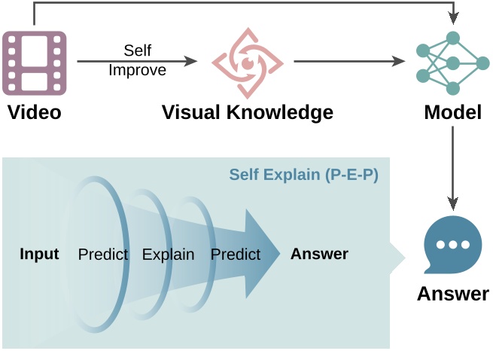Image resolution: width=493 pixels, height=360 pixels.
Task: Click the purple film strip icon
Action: (35, 63)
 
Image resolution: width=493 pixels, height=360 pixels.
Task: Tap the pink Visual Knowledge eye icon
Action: (247, 63)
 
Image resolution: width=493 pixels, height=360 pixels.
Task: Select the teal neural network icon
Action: (452, 63)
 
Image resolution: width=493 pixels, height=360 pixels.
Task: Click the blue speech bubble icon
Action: (452, 246)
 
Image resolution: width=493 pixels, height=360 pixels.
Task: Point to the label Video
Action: (34, 113)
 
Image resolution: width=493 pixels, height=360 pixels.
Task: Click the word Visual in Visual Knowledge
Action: (191, 113)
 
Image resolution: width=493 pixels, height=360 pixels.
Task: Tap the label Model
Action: (452, 113)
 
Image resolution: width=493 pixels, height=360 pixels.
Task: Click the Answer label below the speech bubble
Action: (452, 293)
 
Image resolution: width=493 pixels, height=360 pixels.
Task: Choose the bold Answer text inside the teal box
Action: (319, 254)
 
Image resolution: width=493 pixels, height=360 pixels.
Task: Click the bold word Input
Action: (39, 254)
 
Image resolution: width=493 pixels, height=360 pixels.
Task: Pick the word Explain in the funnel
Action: (168, 255)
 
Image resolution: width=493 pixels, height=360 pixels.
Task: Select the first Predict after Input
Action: (103, 255)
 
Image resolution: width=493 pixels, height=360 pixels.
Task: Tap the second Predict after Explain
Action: (236, 255)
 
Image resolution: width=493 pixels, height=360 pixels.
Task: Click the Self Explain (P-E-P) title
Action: (303, 175)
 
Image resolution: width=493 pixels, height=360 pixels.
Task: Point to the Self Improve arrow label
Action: (137, 60)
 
